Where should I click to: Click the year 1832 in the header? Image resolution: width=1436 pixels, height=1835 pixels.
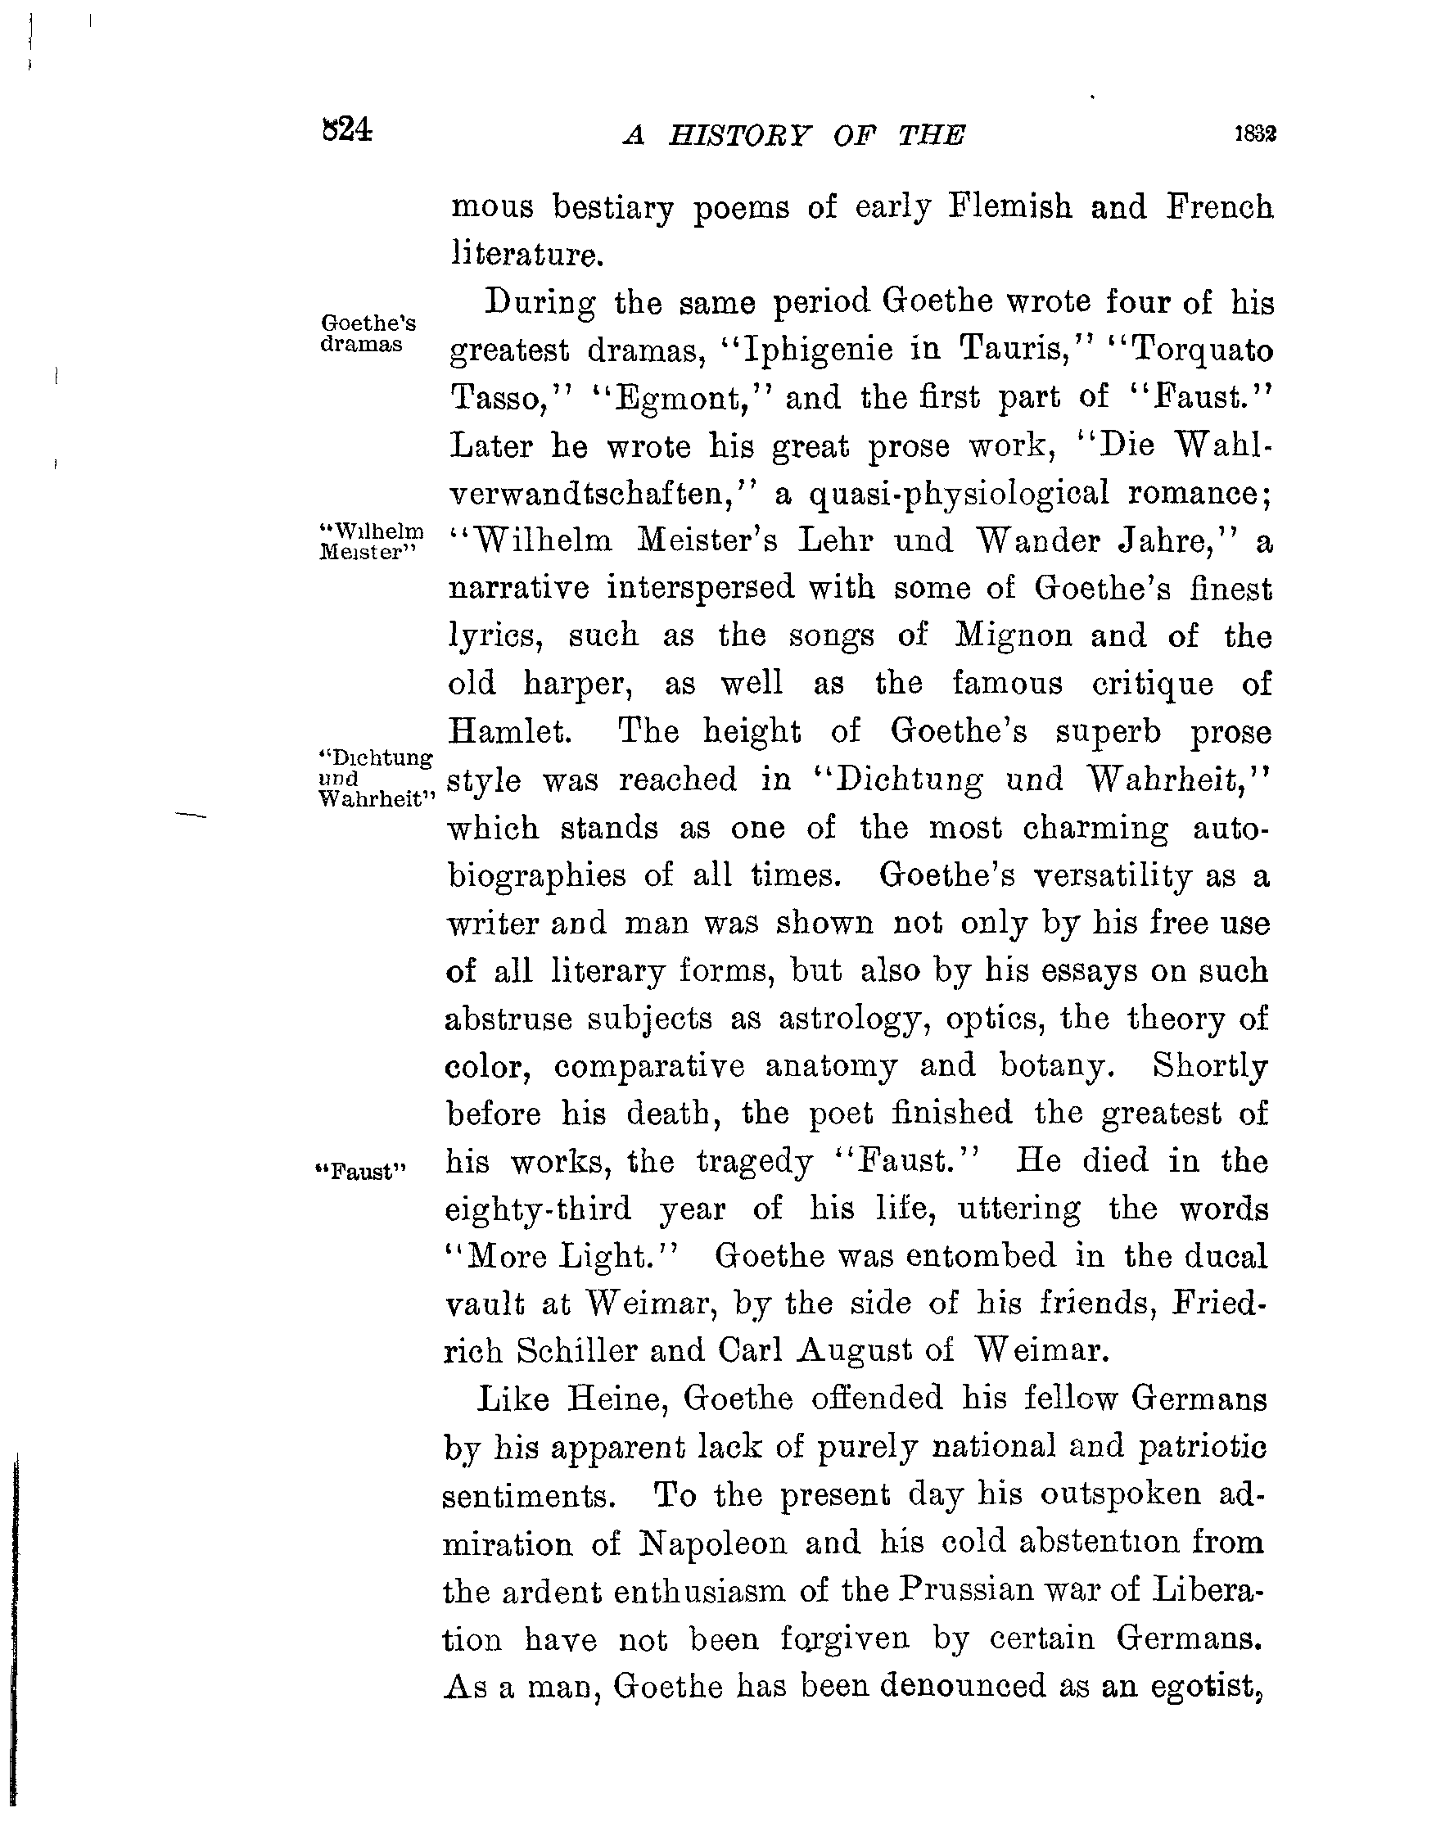[x=1254, y=134]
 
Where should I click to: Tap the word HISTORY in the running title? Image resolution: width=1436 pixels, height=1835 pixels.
[x=740, y=135]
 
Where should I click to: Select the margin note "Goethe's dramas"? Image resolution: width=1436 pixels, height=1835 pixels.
[x=368, y=334]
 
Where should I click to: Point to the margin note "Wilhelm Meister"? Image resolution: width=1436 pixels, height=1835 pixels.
[x=371, y=541]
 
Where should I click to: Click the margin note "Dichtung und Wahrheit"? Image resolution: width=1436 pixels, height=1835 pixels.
[x=377, y=778]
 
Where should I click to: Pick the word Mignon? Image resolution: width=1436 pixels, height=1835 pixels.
[x=1013, y=635]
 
